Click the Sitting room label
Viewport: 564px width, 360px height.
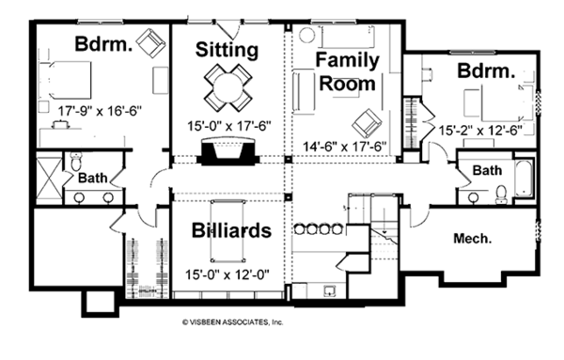(x=227, y=49)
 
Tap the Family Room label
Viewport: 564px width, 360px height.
(x=347, y=72)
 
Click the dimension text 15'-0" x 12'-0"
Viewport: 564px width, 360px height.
(x=228, y=278)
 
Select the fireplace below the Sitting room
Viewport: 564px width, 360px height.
(x=227, y=150)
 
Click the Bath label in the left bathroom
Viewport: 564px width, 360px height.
(x=91, y=177)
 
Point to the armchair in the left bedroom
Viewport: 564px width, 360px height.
(x=149, y=41)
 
